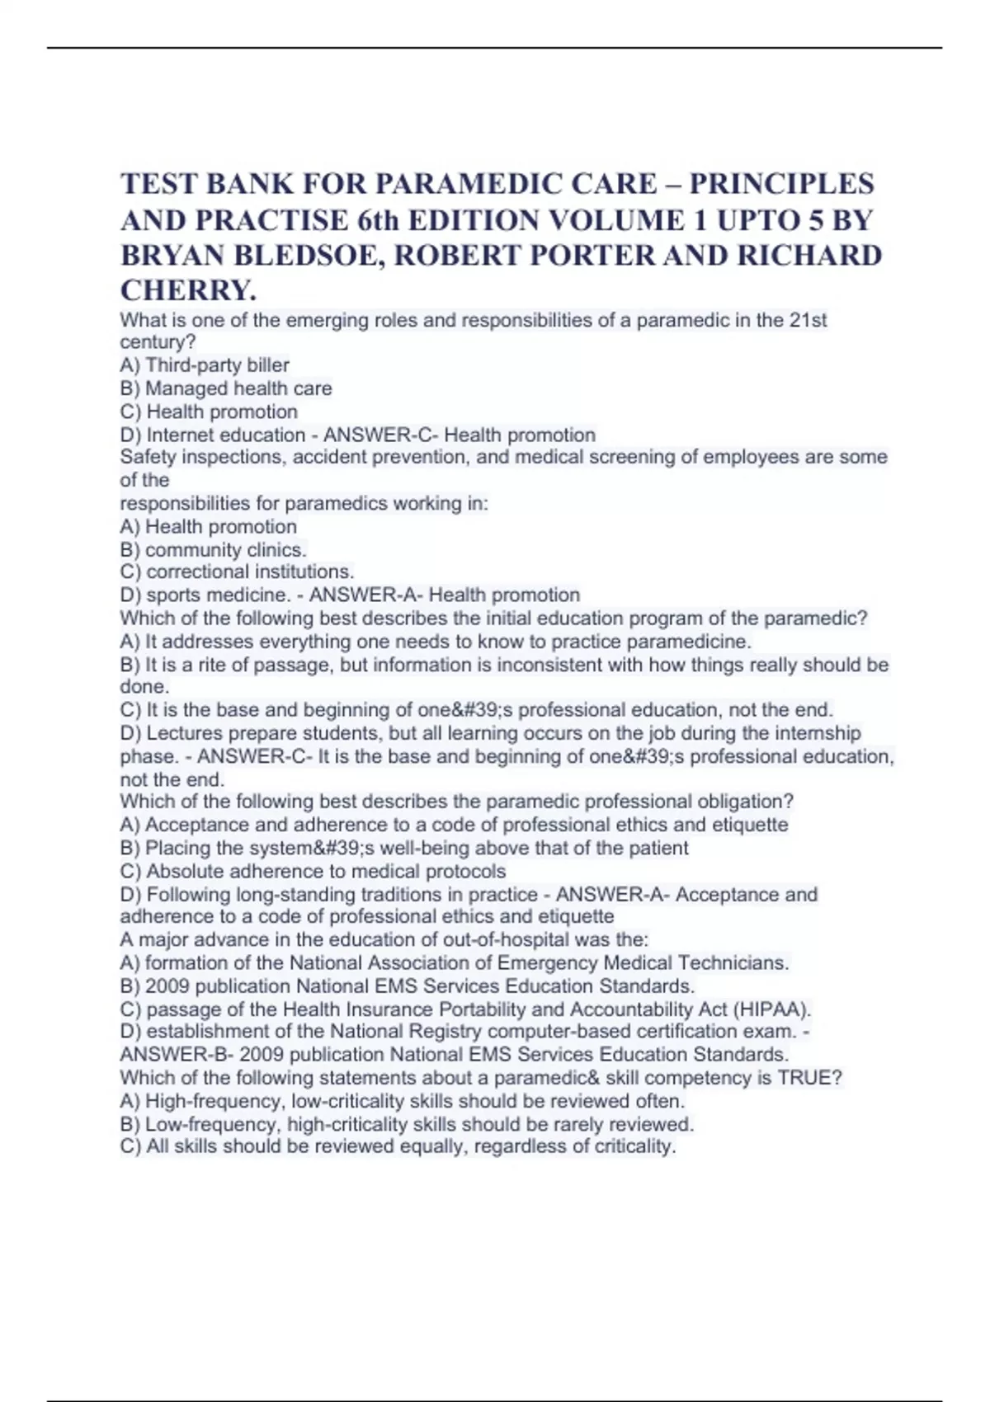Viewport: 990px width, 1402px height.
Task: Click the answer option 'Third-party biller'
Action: point(217,365)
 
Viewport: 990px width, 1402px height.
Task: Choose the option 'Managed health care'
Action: point(238,388)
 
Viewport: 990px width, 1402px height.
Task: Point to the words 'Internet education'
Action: point(225,435)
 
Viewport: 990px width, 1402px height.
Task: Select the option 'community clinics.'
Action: point(225,549)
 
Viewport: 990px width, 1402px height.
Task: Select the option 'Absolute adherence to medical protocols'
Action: point(326,871)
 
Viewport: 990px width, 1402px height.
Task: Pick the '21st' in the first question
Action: point(808,320)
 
